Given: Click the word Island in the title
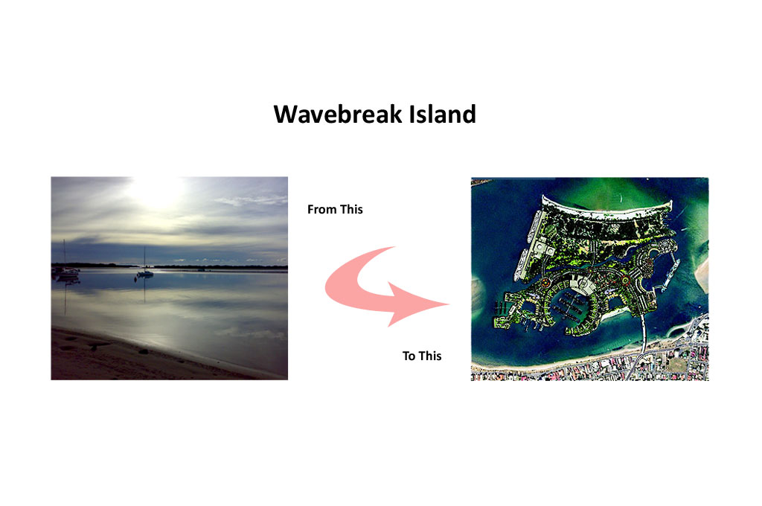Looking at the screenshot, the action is click(x=442, y=115).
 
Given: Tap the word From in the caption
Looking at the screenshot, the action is click(x=321, y=210).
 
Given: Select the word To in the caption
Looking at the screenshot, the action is click(x=409, y=356).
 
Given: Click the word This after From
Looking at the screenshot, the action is click(x=351, y=210).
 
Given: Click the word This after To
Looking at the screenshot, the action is click(x=429, y=356).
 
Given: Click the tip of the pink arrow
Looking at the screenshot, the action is click(x=449, y=304).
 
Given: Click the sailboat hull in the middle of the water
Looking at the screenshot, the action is click(x=145, y=275).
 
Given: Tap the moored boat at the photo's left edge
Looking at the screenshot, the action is click(x=66, y=272).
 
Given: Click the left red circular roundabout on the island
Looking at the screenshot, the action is click(x=545, y=283).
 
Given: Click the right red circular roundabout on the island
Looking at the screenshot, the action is click(x=625, y=280).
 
